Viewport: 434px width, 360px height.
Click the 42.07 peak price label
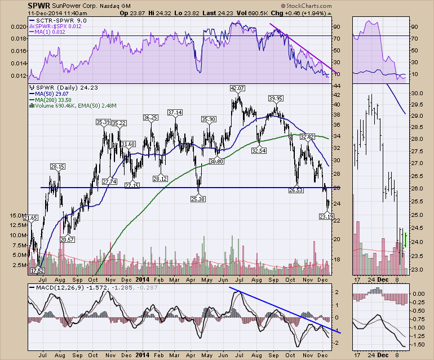[237, 88]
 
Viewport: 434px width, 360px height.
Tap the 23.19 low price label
[325, 216]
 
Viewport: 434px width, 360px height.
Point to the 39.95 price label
[276, 99]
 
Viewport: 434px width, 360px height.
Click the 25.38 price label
[197, 199]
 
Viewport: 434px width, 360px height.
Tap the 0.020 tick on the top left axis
[19, 26]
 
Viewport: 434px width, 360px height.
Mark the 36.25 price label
[150, 118]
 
